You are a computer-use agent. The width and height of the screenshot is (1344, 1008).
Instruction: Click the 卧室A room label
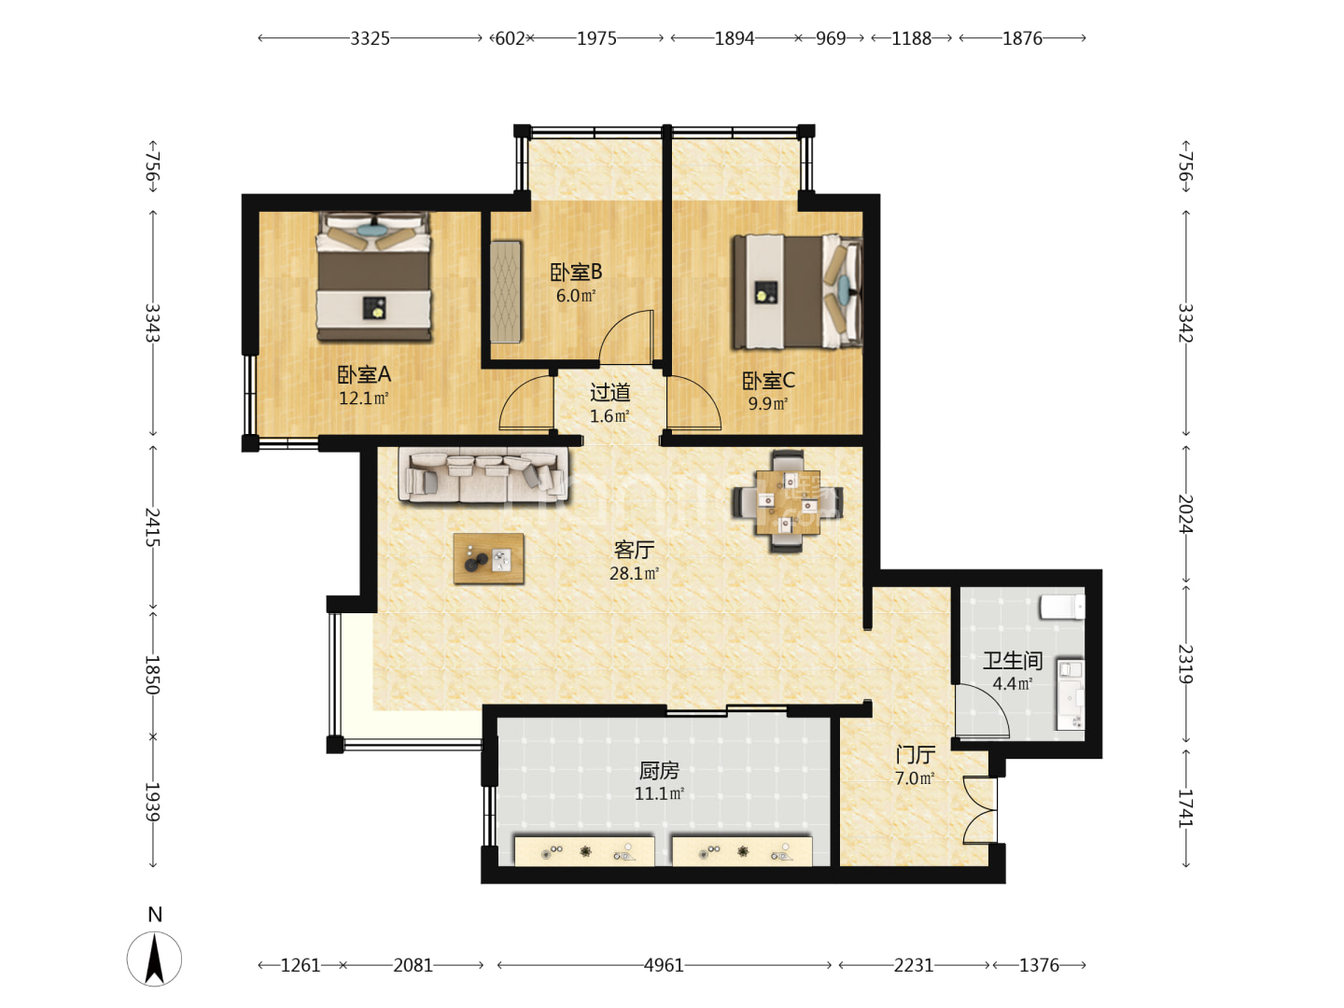coord(364,374)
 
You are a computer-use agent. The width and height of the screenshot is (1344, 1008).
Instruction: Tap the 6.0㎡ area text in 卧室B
coord(576,296)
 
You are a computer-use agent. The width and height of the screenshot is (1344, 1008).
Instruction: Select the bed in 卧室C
coord(797,292)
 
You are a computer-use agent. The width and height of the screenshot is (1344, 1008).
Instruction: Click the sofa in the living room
coord(483,476)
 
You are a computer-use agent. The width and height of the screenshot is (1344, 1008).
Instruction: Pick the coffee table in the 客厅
coord(488,557)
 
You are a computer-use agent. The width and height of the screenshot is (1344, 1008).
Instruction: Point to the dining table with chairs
coord(787,502)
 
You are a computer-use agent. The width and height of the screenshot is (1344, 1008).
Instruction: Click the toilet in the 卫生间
coord(1062,607)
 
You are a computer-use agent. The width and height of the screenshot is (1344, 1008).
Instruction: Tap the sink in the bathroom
coord(1070,694)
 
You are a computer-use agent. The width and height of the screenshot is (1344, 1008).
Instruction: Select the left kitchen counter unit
coord(584,850)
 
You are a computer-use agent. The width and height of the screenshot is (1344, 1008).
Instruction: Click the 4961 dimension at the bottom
coord(664,965)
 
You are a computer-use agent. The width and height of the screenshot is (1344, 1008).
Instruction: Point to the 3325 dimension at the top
coord(370,38)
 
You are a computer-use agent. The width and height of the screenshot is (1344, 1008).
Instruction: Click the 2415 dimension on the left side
coord(152,527)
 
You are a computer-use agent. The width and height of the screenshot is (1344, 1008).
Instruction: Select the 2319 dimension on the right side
coord(1185,664)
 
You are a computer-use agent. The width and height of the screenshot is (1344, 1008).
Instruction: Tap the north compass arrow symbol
coord(154,958)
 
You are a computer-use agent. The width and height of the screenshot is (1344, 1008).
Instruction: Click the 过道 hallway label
coord(609,392)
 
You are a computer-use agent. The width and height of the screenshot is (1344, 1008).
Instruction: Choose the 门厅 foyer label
coord(915,755)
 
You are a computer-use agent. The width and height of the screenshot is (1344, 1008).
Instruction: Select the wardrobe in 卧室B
coord(506,291)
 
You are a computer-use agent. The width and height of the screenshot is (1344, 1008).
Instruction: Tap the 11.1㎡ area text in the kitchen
coord(659,793)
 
